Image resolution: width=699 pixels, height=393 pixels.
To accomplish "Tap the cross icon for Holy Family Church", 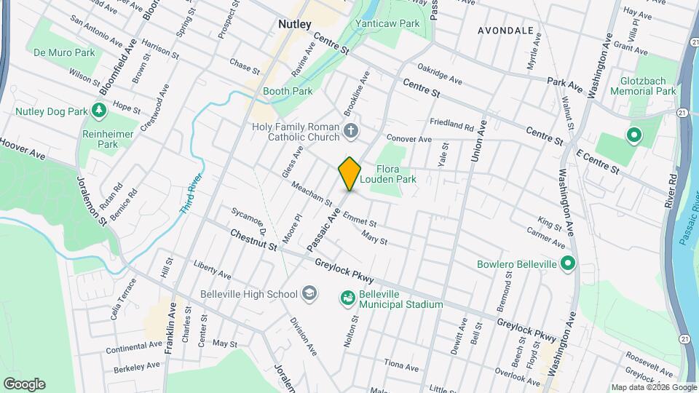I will [x=351, y=132].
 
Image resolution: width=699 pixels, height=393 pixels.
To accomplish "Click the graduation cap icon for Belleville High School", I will [x=309, y=294].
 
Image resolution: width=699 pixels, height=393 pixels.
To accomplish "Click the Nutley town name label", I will [x=295, y=25].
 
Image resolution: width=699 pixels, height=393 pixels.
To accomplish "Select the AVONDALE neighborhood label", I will [x=505, y=31].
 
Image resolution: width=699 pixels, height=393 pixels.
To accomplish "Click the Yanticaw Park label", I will [x=387, y=23].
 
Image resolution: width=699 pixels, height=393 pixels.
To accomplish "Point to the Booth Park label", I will [x=288, y=92].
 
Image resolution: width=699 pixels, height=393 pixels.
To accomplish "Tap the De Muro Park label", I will [x=64, y=52].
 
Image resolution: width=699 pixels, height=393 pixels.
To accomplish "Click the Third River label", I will [x=188, y=193].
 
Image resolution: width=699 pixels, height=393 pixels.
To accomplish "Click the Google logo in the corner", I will [x=24, y=384].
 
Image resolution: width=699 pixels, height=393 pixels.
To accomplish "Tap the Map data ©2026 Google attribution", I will [x=652, y=387].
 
